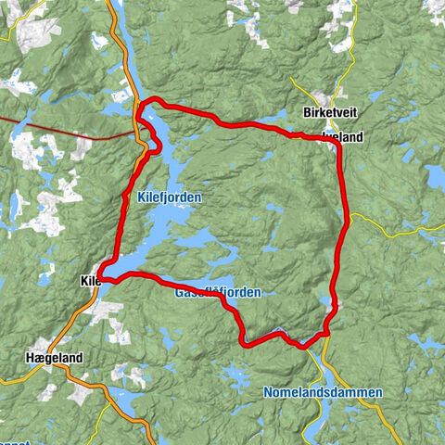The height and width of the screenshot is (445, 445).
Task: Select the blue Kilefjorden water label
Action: (168, 197)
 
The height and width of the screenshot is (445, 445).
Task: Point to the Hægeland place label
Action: (54, 357)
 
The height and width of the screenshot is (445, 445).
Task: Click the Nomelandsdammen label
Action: (322, 393)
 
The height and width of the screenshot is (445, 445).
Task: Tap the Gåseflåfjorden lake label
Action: (217, 292)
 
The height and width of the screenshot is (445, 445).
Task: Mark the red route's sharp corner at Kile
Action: (105, 278)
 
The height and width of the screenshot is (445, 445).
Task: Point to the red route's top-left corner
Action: (142, 104)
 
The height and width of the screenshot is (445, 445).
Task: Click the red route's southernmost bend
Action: (245, 344)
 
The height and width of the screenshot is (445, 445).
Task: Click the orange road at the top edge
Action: (115, 9)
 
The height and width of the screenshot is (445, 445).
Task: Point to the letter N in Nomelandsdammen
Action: (267, 393)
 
